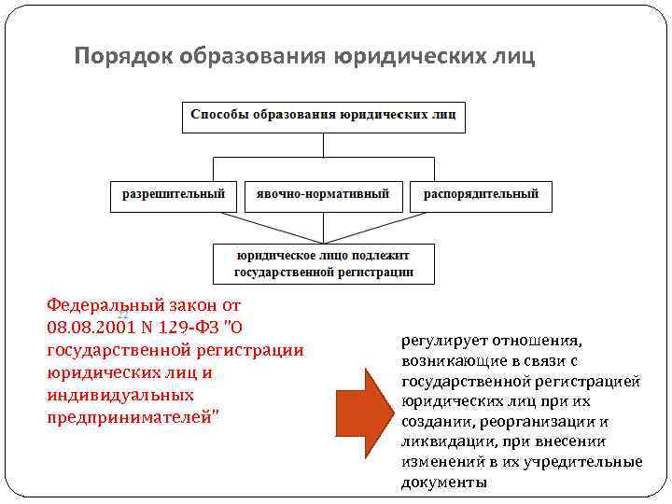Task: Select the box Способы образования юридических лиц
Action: (323, 116)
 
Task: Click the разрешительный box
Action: (174, 195)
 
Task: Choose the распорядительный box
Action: (481, 195)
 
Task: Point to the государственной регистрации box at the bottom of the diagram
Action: (323, 264)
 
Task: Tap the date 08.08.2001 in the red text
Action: (89, 328)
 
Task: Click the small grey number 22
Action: (121, 315)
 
